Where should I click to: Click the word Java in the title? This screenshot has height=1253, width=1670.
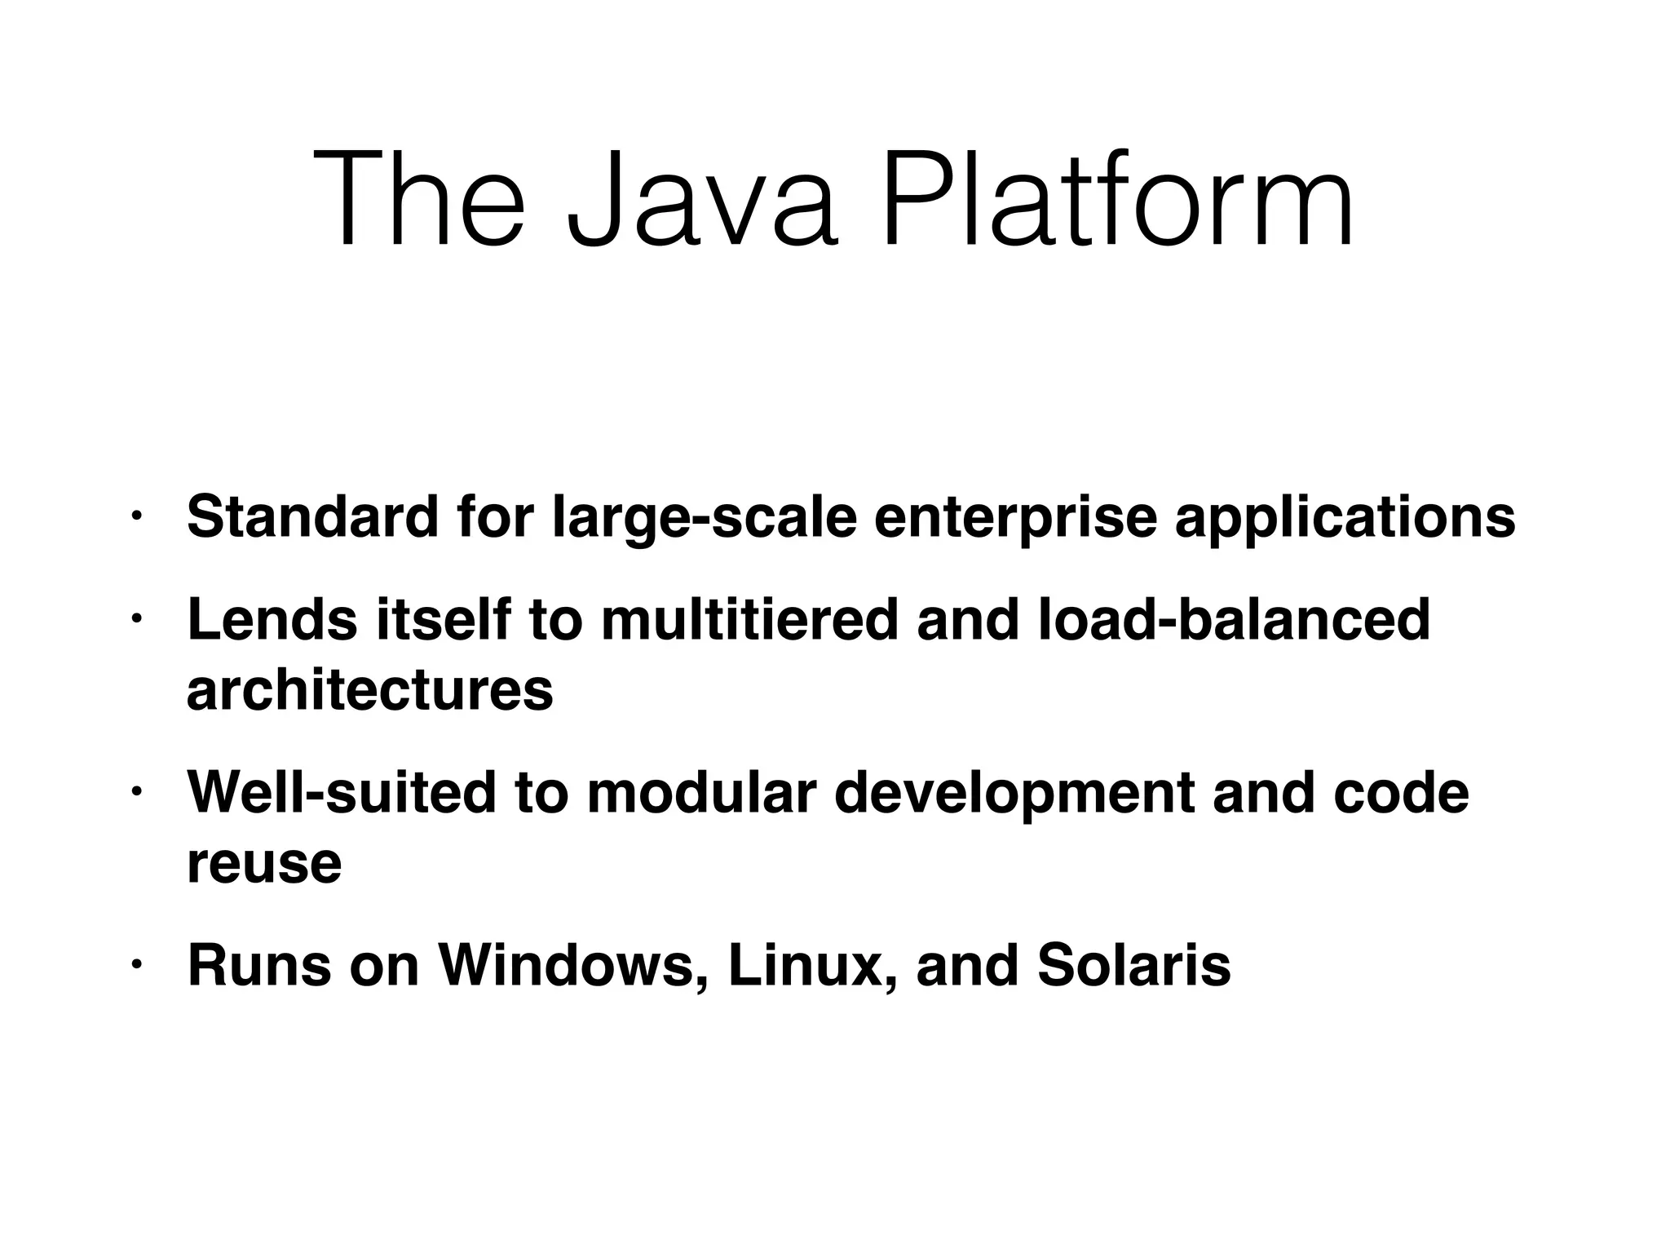point(702,200)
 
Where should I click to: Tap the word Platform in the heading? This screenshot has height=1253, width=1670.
point(1117,200)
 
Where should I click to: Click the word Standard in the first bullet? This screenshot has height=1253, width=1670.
point(313,516)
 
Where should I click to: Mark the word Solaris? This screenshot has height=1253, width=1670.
point(1133,966)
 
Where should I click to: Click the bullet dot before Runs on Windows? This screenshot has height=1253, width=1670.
point(136,966)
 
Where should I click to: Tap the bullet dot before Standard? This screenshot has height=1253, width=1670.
point(136,517)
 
